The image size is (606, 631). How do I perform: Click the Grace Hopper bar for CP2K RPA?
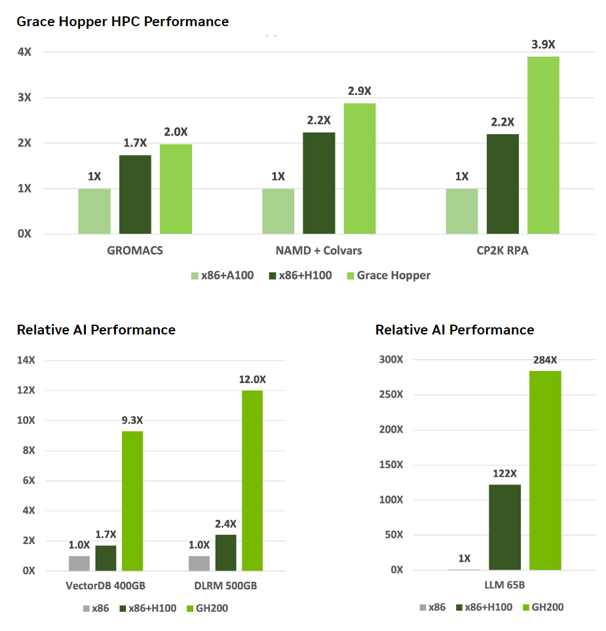pyautogui.click(x=543, y=145)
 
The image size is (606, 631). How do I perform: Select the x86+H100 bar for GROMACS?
pyautogui.click(x=135, y=194)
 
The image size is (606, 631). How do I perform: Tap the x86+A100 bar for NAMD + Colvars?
pyautogui.click(x=278, y=211)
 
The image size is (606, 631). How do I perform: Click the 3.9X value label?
pyautogui.click(x=543, y=45)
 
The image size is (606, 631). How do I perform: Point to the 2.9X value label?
pyautogui.click(x=360, y=91)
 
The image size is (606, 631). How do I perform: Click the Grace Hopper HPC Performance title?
pyautogui.click(x=123, y=22)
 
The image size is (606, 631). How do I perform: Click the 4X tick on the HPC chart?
pyautogui.click(x=24, y=52)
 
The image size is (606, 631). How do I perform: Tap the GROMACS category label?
pyautogui.click(x=135, y=250)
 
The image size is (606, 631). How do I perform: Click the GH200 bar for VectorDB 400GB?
pyautogui.click(x=132, y=501)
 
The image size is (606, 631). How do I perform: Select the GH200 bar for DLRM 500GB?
pyautogui.click(x=252, y=480)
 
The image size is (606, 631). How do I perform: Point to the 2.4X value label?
pyautogui.click(x=225, y=524)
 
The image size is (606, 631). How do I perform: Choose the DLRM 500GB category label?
pyautogui.click(x=226, y=585)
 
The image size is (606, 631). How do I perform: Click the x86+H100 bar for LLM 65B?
pyautogui.click(x=504, y=527)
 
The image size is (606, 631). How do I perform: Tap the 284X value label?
pyautogui.click(x=544, y=359)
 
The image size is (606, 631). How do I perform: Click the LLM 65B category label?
pyautogui.click(x=504, y=585)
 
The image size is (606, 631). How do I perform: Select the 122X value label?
pyautogui.click(x=504, y=473)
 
